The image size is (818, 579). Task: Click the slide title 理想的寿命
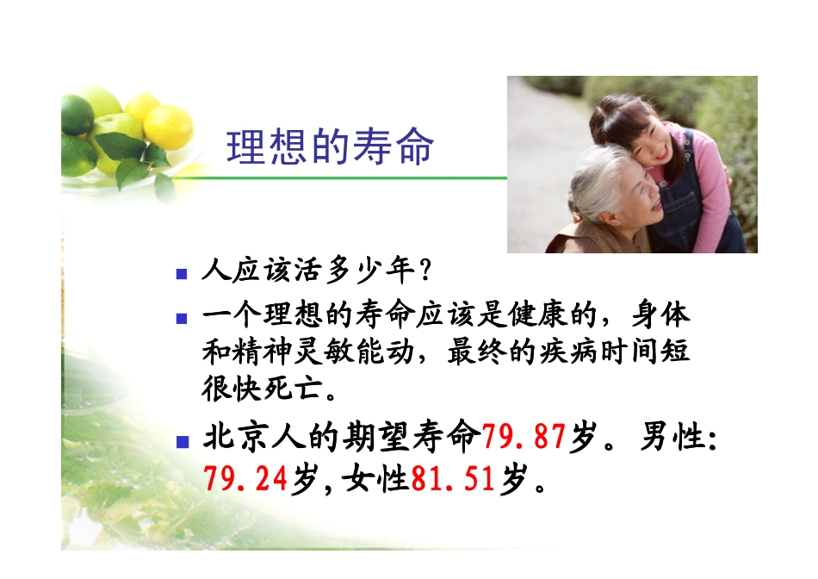coord(330,147)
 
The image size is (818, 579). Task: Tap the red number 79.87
coord(523,439)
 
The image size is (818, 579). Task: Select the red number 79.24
coord(245,478)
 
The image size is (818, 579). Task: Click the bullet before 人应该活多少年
coord(182,275)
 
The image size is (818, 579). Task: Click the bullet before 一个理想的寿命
coord(182,318)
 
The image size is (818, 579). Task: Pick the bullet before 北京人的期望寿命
coord(182,442)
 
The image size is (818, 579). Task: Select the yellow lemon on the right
coord(169,127)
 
